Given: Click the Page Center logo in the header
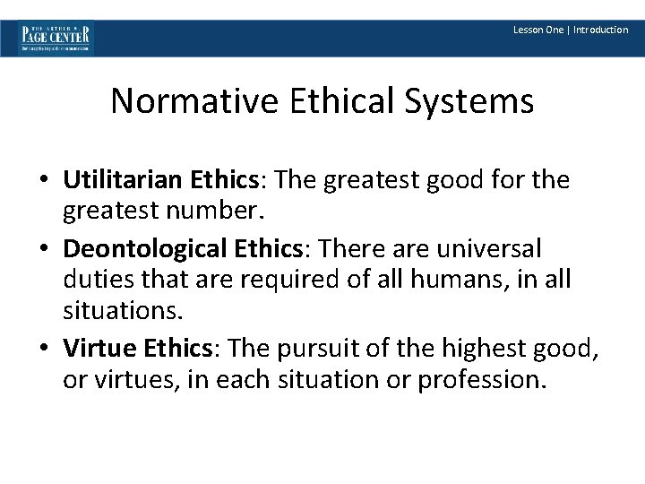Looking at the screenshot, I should pyautogui.click(x=56, y=38).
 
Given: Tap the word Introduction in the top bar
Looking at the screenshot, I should pyautogui.click(x=601, y=30).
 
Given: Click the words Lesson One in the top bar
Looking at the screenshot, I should pyautogui.click(x=537, y=30).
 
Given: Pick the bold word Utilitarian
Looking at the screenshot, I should pyautogui.click(x=123, y=180).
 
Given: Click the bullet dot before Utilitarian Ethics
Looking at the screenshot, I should pyautogui.click(x=44, y=181).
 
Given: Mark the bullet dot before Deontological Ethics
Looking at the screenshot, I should pyautogui.click(x=44, y=247).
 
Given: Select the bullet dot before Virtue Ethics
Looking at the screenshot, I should pyautogui.click(x=44, y=347).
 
